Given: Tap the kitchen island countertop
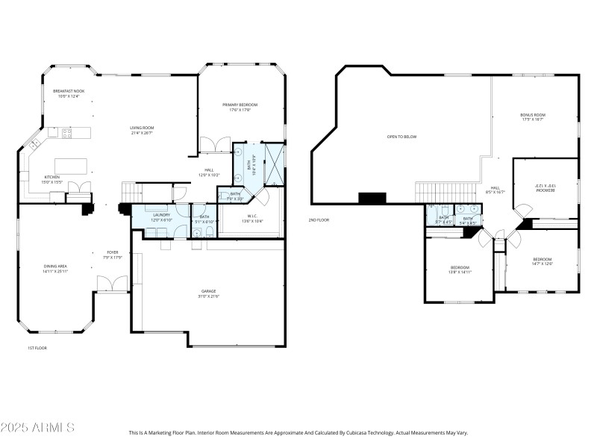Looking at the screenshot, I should point(70,164).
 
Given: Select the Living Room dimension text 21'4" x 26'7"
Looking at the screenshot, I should point(142,134).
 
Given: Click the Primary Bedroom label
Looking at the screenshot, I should point(240,105).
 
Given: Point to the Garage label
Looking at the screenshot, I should point(208,291).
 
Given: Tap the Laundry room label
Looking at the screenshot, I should point(162,215).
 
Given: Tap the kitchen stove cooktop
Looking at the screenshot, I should point(66,133).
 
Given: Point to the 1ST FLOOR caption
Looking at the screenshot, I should point(37,348).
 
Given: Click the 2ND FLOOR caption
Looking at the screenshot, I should point(319,220).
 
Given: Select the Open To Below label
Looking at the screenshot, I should point(401,137).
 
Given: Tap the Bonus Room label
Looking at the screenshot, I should point(533,115).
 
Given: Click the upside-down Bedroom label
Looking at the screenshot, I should point(546,189).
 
